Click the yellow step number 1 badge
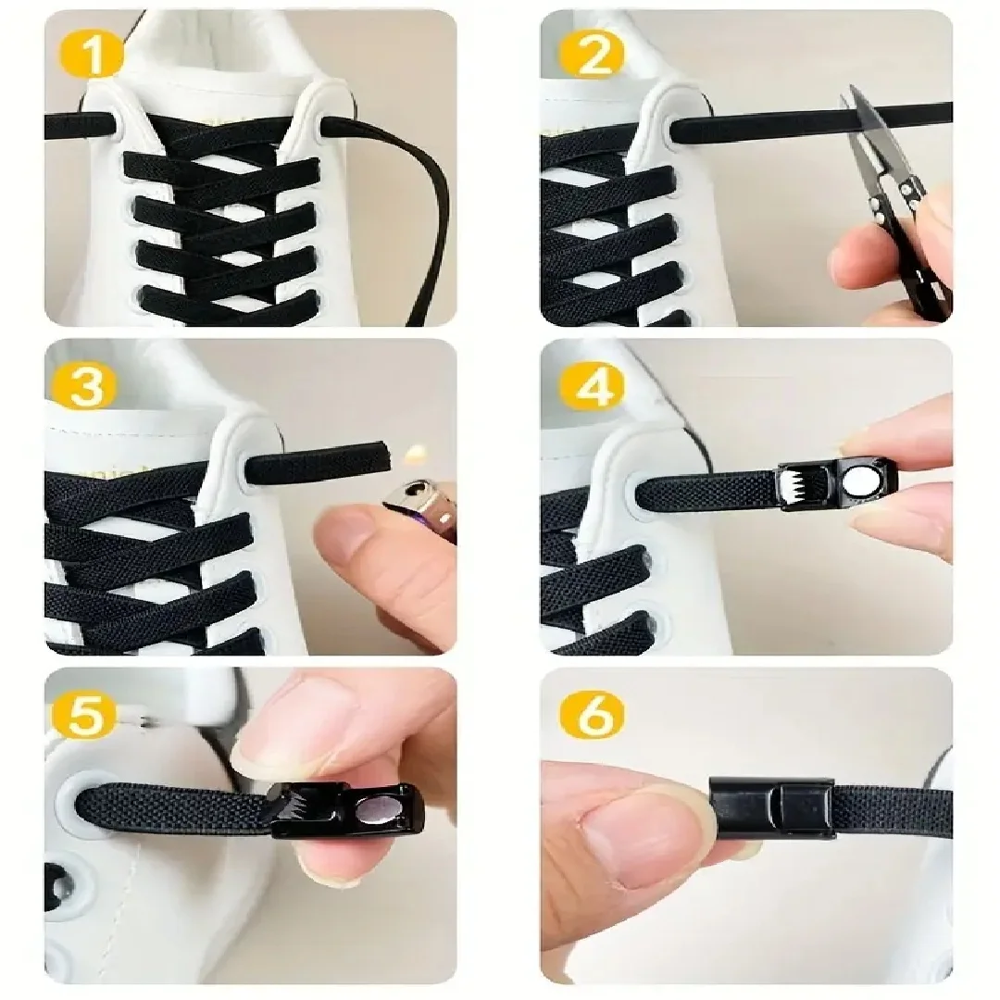click(91, 56)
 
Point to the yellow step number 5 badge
click(86, 714)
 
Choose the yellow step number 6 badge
click(591, 714)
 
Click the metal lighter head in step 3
click(420, 510)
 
